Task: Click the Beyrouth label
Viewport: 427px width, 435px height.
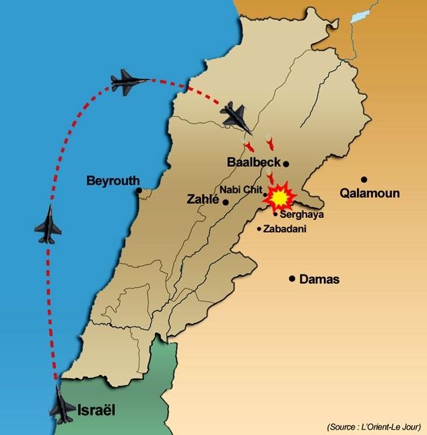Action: tap(113, 180)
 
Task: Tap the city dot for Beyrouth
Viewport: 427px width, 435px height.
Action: tap(139, 190)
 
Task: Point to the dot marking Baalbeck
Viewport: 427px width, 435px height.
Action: tap(286, 163)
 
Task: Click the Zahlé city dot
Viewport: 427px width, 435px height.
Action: tap(226, 202)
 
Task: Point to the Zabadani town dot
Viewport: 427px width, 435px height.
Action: tap(259, 229)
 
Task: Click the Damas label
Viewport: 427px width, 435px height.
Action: tap(319, 279)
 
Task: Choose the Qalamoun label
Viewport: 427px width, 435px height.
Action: tap(370, 194)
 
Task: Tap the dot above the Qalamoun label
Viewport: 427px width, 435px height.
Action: tap(364, 180)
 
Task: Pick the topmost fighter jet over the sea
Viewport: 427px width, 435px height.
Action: tap(129, 82)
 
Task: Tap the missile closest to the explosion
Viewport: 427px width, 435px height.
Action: tap(270, 177)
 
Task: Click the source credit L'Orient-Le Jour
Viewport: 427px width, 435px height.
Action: tap(374, 427)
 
